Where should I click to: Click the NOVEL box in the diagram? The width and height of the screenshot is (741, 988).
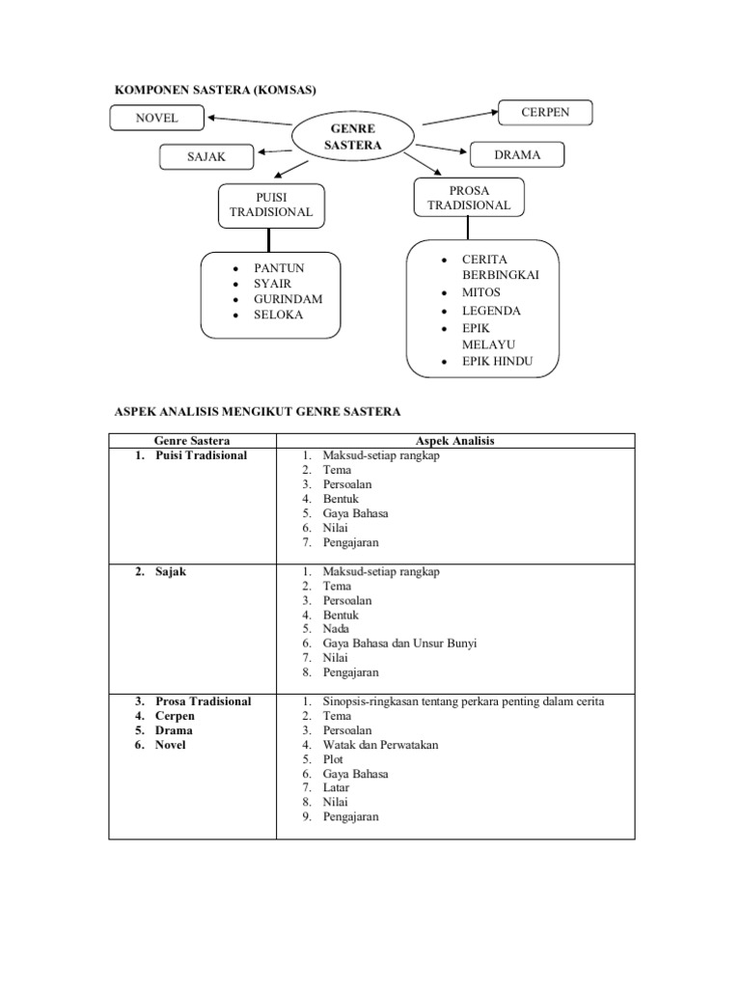(x=156, y=119)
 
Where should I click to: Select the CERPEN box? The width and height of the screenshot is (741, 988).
(x=545, y=113)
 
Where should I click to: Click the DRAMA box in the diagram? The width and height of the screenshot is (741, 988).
(x=517, y=154)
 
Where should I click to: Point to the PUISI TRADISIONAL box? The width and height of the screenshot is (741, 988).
(x=270, y=205)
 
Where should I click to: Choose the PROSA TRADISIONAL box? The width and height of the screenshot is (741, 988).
(x=469, y=197)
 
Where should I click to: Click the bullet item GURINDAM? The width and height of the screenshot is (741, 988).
(x=288, y=299)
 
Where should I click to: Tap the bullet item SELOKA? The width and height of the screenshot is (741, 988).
(x=278, y=315)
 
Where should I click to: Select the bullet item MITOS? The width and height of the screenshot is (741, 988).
(x=481, y=291)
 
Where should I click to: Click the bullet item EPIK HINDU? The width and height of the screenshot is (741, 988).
(x=497, y=362)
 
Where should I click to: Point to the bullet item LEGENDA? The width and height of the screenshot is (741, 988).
(x=491, y=311)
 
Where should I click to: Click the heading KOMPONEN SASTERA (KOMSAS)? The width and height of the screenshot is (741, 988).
(x=216, y=90)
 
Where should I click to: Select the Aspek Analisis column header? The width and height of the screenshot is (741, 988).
(x=454, y=441)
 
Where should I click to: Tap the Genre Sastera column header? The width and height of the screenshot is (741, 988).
(x=192, y=441)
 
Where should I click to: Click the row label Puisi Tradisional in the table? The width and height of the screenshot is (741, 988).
(x=201, y=455)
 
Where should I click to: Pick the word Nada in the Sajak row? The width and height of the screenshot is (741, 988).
(x=337, y=628)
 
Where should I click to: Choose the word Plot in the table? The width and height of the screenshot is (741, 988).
(x=333, y=759)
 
